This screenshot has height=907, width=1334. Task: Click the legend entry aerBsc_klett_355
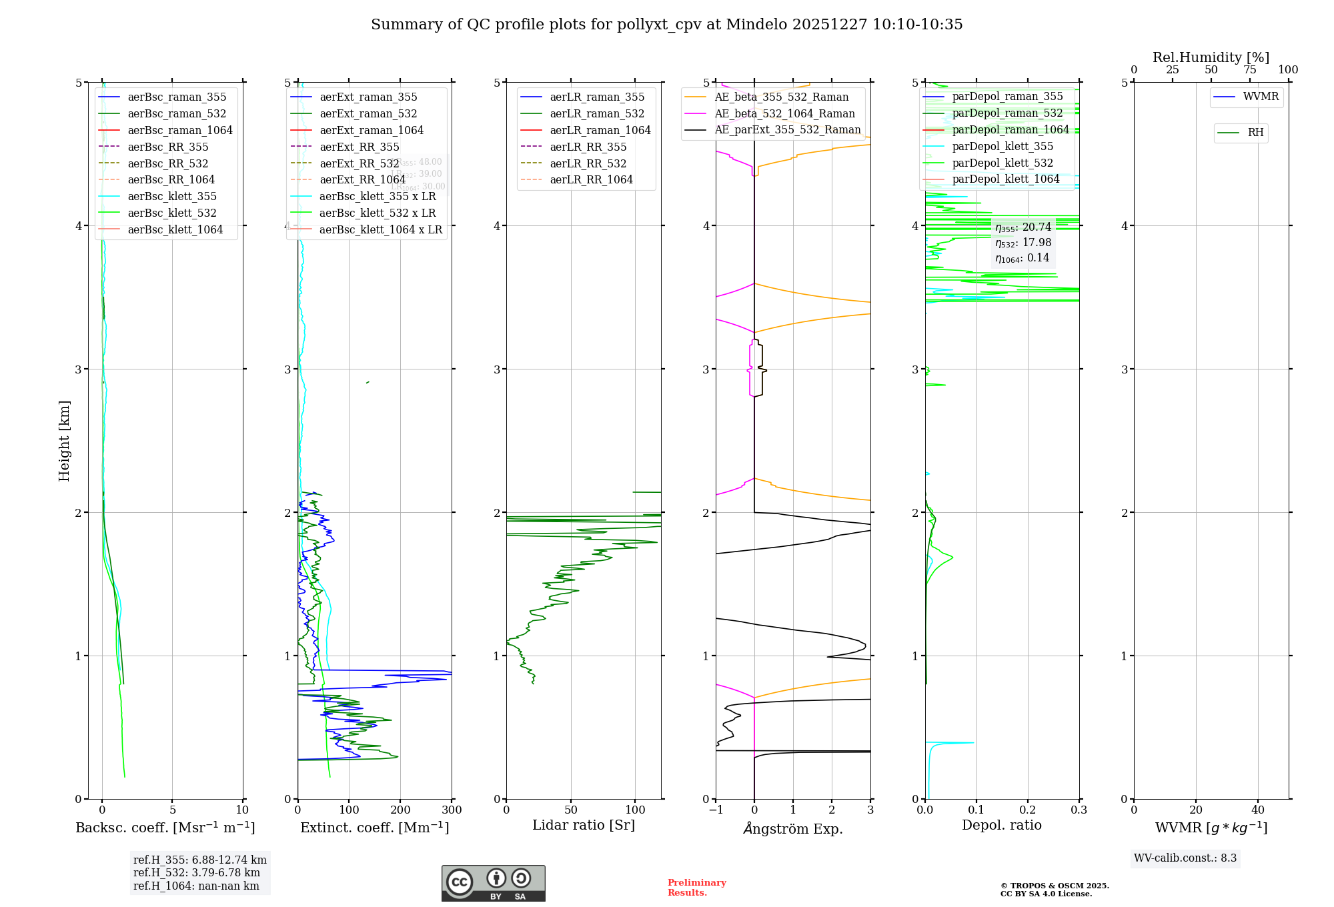click(x=171, y=196)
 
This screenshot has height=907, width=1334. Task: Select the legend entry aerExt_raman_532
click(x=368, y=113)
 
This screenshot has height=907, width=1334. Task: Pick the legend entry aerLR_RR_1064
click(x=591, y=179)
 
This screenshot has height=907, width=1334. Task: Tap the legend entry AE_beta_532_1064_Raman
click(x=784, y=113)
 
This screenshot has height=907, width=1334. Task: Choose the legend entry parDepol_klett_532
click(x=1002, y=163)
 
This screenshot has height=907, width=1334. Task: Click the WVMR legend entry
click(x=1261, y=97)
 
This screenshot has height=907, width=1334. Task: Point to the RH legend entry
click(x=1255, y=133)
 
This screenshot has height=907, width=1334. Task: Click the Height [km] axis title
click(x=64, y=440)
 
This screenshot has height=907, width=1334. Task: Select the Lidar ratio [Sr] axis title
click(x=584, y=825)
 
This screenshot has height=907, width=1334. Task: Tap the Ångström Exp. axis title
click(x=793, y=828)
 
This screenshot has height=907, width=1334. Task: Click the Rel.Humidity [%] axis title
click(x=1211, y=57)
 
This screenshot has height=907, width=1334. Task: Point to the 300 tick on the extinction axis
click(x=452, y=810)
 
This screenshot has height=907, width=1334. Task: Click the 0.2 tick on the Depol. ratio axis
click(x=1028, y=810)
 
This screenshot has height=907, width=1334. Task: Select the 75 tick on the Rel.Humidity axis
click(x=1250, y=70)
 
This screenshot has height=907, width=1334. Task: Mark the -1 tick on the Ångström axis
click(x=716, y=810)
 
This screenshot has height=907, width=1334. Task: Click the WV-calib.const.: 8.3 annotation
click(x=1185, y=858)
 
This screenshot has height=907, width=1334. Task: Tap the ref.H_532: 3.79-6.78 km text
click(x=196, y=873)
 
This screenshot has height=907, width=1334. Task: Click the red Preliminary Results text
click(x=696, y=888)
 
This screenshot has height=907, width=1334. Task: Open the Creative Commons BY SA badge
click(x=493, y=883)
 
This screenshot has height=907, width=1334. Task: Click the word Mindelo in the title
click(x=756, y=25)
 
